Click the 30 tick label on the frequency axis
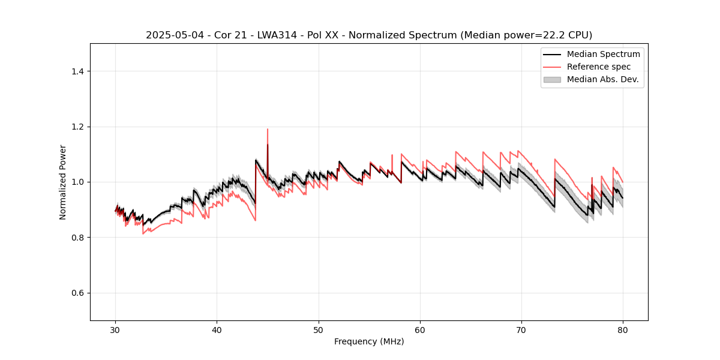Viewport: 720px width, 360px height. tap(116, 329)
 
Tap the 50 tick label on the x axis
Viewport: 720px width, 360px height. tap(319, 329)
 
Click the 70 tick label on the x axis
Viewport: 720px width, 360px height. tap(521, 329)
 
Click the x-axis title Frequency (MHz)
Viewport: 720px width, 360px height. tap(369, 341)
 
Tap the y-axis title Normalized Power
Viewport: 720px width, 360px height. tap(63, 182)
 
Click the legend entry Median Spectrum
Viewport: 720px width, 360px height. tap(603, 54)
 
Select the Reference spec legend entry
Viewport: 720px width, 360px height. tap(598, 67)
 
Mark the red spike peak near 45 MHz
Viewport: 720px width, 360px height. tap(268, 129)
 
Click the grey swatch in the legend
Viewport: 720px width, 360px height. tap(552, 79)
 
